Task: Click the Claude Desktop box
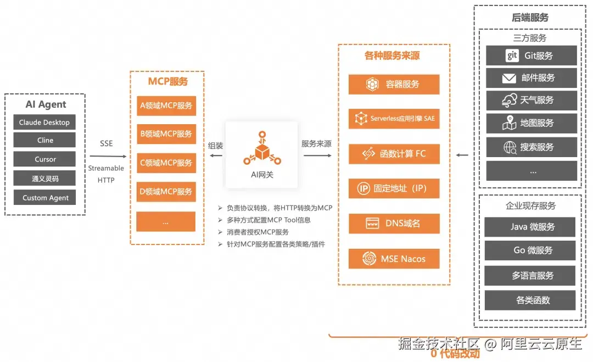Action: (44, 122)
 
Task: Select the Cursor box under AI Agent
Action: (44, 159)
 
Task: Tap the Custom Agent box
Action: (44, 197)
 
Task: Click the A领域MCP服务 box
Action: (166, 105)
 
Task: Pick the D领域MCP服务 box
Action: (166, 191)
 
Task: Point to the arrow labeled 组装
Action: (216, 155)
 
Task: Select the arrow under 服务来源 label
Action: (317, 155)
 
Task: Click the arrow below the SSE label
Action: (108, 156)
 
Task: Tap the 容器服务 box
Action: (394, 84)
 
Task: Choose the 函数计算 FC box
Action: (394, 154)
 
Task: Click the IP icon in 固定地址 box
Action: (363, 188)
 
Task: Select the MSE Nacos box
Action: (394, 259)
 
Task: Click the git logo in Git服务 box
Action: (512, 55)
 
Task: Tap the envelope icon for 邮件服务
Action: (509, 79)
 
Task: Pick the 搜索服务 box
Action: (532, 147)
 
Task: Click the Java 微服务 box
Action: (530, 227)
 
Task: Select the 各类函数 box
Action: (530, 300)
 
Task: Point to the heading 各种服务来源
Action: (392, 55)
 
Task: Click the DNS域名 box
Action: (394, 224)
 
